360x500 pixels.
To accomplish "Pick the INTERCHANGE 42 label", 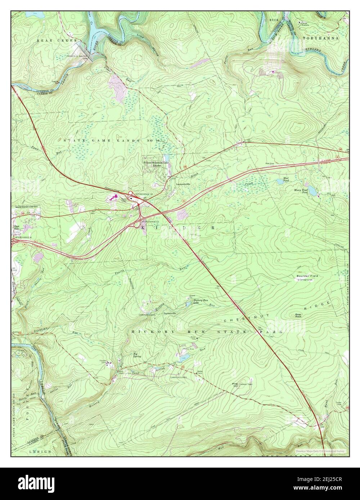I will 149,221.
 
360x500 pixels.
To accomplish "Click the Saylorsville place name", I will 170,314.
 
